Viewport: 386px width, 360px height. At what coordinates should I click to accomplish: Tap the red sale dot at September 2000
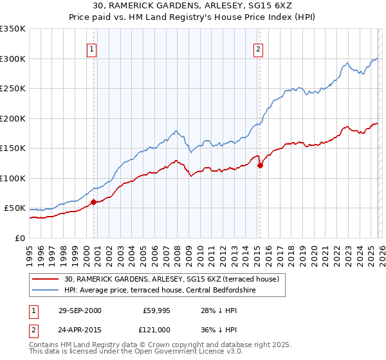click(94, 202)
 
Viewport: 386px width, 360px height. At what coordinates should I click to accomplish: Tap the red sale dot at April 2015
click(260, 165)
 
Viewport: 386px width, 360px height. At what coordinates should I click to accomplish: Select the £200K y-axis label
click(13, 118)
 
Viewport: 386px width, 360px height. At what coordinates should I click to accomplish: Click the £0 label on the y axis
click(19, 238)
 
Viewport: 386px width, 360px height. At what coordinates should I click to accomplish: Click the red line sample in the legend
click(46, 280)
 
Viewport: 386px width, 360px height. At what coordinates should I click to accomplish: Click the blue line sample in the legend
click(46, 291)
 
